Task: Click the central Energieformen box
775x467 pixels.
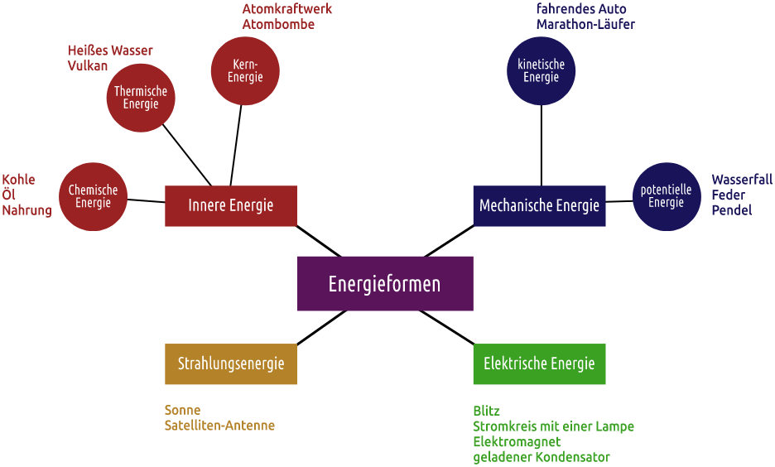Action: (x=385, y=284)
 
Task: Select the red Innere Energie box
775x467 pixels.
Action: (x=230, y=205)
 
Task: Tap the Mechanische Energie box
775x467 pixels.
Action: (x=539, y=205)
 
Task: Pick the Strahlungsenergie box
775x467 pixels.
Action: (x=230, y=363)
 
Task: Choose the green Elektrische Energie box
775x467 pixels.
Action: (x=539, y=363)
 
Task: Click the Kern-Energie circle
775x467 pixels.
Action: (x=245, y=70)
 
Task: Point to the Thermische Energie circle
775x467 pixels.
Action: (x=141, y=98)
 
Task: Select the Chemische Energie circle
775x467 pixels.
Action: (x=93, y=196)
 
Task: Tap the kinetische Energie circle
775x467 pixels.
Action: (x=541, y=70)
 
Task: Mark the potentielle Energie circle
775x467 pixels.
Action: (x=667, y=196)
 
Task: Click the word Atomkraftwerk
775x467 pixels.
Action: (x=287, y=9)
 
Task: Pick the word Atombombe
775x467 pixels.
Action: (x=278, y=25)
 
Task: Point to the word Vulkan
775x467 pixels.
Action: (x=88, y=66)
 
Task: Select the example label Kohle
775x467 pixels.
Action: (x=18, y=180)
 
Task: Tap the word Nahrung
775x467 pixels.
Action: (x=26, y=210)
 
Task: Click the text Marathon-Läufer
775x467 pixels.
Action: (x=585, y=25)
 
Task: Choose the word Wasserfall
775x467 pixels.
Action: (x=742, y=180)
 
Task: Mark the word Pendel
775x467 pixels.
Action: (x=731, y=210)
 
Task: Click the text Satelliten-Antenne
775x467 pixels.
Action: (x=219, y=426)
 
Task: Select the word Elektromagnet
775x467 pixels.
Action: (x=517, y=441)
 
